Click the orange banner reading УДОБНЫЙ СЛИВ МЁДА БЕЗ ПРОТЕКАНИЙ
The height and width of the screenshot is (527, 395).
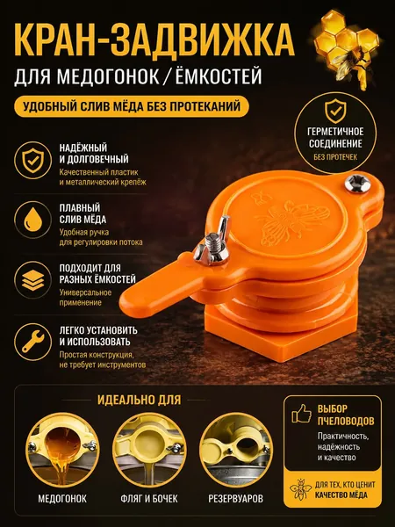(x=132, y=106)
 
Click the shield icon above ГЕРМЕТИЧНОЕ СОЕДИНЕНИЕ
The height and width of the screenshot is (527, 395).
(x=335, y=112)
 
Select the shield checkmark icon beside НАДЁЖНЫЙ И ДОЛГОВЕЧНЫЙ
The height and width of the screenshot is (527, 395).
(x=32, y=160)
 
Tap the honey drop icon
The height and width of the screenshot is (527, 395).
(x=32, y=220)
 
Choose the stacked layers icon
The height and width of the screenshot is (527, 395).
(x=32, y=280)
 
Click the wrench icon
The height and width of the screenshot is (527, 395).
(x=32, y=342)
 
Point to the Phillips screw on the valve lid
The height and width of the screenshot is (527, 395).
(x=357, y=184)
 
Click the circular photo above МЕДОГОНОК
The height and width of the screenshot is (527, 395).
(x=62, y=450)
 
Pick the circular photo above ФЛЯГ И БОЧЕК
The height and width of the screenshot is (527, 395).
(x=149, y=450)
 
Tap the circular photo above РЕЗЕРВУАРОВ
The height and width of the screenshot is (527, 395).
(x=236, y=450)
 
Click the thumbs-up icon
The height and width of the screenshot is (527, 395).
(x=301, y=413)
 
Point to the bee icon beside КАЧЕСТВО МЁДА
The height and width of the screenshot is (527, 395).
(x=300, y=489)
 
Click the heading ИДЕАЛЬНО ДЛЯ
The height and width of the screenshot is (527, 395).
(x=139, y=400)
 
